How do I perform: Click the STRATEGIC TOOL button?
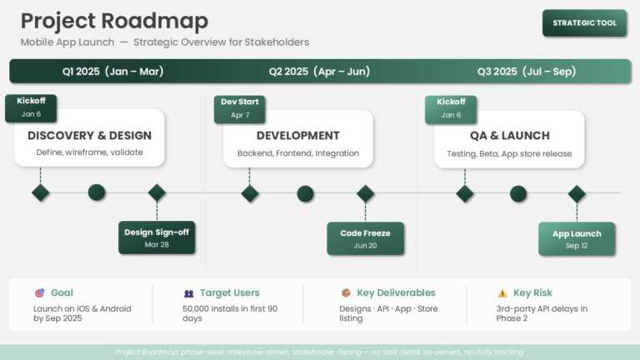tap(584, 22)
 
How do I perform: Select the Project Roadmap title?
tap(114, 21)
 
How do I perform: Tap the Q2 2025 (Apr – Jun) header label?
tap(319, 72)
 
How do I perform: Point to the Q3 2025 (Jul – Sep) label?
tap(526, 72)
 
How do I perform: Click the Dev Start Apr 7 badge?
tap(240, 108)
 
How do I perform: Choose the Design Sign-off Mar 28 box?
tap(157, 237)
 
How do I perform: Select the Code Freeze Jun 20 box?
tap(365, 238)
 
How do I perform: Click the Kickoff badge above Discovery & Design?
tap(31, 107)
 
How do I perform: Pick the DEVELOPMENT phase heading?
tap(297, 135)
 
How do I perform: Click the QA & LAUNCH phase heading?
tap(509, 135)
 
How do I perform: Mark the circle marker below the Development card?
tap(305, 193)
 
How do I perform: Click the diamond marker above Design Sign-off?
tap(157, 193)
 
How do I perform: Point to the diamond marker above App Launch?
tap(577, 193)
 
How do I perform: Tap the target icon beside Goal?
tap(40, 293)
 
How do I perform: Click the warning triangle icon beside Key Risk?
tap(502, 293)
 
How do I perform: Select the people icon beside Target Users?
tap(189, 293)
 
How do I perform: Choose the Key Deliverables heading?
tap(396, 293)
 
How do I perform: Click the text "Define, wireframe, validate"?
tap(89, 152)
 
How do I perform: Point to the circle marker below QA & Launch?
tap(518, 193)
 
